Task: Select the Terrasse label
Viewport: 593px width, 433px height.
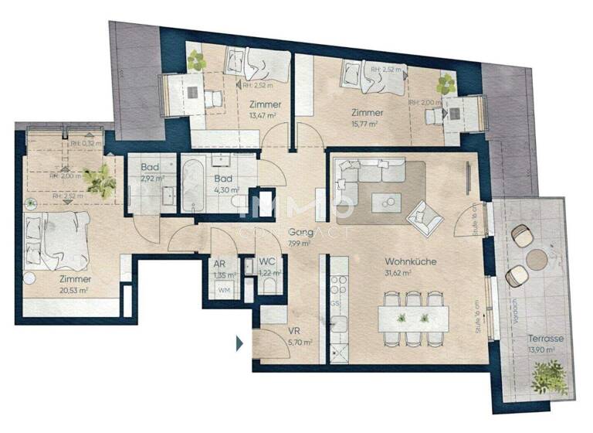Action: pos(545,339)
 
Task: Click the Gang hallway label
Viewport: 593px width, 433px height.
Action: pos(300,232)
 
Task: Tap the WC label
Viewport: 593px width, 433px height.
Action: pos(268,262)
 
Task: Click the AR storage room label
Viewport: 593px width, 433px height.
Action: pos(219,263)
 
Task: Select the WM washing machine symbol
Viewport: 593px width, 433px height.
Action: pos(224,290)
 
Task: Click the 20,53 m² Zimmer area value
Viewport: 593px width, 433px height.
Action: pos(75,289)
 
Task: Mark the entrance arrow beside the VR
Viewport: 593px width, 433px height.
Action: pos(240,341)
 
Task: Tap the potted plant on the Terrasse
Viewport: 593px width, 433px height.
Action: pos(549,378)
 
